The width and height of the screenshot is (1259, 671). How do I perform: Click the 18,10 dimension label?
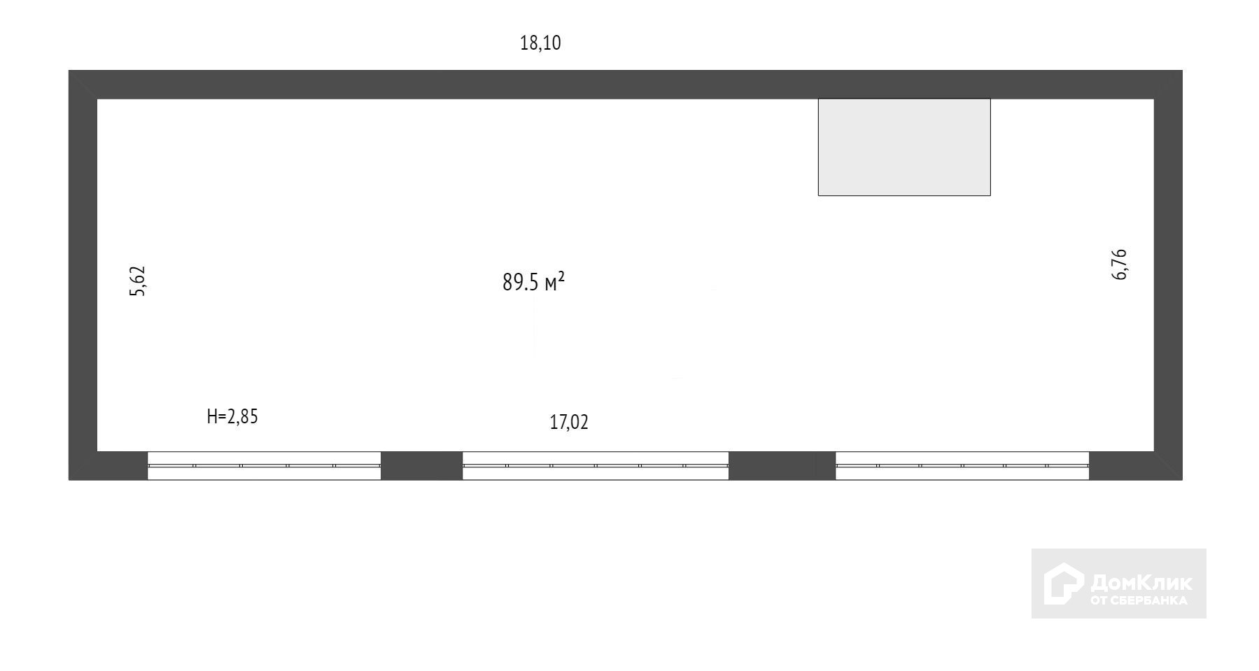540,43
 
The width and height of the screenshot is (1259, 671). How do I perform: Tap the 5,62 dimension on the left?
138,281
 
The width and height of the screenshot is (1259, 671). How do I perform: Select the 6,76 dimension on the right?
1120,264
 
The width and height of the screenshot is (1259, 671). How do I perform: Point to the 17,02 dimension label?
569,423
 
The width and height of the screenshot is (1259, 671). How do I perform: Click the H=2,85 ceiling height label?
232,417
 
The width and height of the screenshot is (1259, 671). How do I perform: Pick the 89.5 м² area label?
533,282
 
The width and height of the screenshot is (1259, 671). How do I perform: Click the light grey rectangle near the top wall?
904,147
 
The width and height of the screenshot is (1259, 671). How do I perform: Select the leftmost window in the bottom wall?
264,465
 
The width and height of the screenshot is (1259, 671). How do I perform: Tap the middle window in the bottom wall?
596,465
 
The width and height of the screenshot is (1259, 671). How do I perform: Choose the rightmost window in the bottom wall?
962,465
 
